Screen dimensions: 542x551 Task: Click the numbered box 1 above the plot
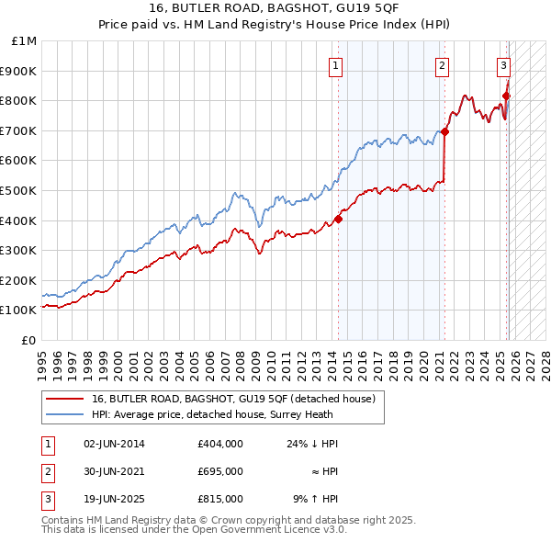(x=336, y=65)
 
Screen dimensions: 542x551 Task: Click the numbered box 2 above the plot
(x=443, y=65)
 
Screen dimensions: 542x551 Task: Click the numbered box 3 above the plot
(x=504, y=65)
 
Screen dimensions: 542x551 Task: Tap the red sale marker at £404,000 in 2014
(x=338, y=219)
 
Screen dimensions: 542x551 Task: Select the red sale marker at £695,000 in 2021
(x=444, y=131)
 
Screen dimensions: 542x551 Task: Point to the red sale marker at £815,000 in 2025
(x=506, y=95)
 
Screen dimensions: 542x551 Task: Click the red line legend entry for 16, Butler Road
(x=233, y=400)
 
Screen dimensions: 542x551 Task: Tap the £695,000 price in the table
(x=219, y=471)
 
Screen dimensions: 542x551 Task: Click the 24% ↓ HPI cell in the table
(x=312, y=444)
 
